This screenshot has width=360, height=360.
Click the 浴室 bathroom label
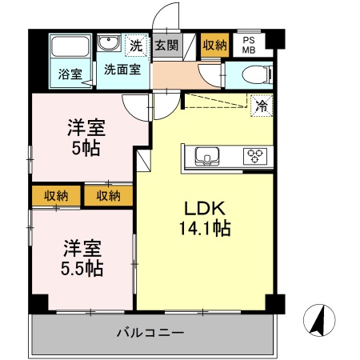click(70, 74)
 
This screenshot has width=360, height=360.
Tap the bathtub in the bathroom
click(70, 48)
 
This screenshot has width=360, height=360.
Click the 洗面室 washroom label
click(122, 70)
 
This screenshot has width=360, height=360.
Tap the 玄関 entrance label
click(167, 45)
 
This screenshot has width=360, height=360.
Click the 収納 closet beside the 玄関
click(214, 45)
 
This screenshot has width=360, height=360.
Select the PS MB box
click(248, 45)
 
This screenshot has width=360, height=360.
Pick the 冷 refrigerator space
click(261, 104)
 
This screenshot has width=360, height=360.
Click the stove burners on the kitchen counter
click(255, 155)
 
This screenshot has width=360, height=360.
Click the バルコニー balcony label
click(150, 332)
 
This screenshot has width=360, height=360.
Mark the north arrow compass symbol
click(319, 322)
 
